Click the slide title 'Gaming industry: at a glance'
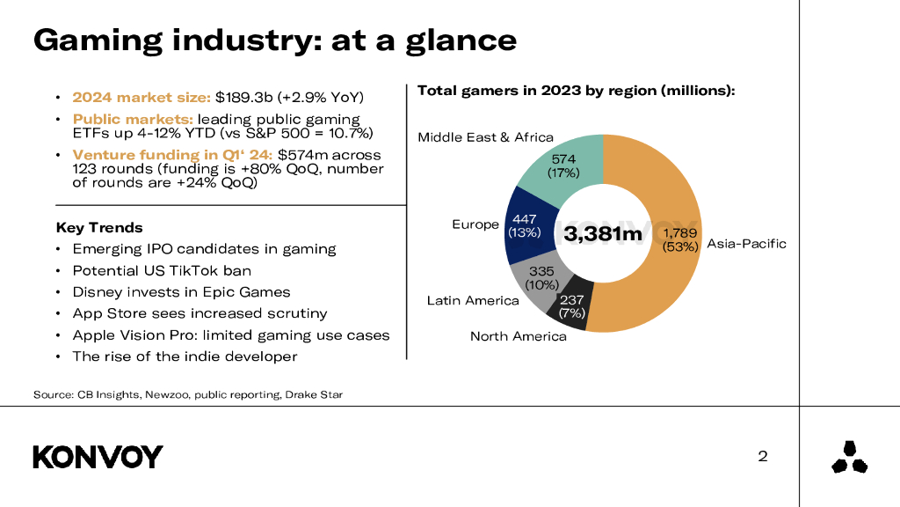click(274, 40)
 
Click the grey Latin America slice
click(538, 279)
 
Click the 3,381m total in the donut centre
click(603, 234)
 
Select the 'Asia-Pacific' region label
click(746, 244)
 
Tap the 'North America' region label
click(518, 336)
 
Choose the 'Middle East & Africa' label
click(485, 137)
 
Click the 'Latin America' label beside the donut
click(473, 301)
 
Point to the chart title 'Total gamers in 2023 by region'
click(576, 91)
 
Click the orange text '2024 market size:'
click(142, 97)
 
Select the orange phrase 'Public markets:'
click(133, 119)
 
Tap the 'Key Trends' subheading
click(98, 228)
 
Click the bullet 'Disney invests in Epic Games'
click(181, 292)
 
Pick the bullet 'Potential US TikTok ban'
click(162, 270)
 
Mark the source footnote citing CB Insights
click(187, 394)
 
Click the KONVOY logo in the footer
click(98, 457)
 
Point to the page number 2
click(763, 456)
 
